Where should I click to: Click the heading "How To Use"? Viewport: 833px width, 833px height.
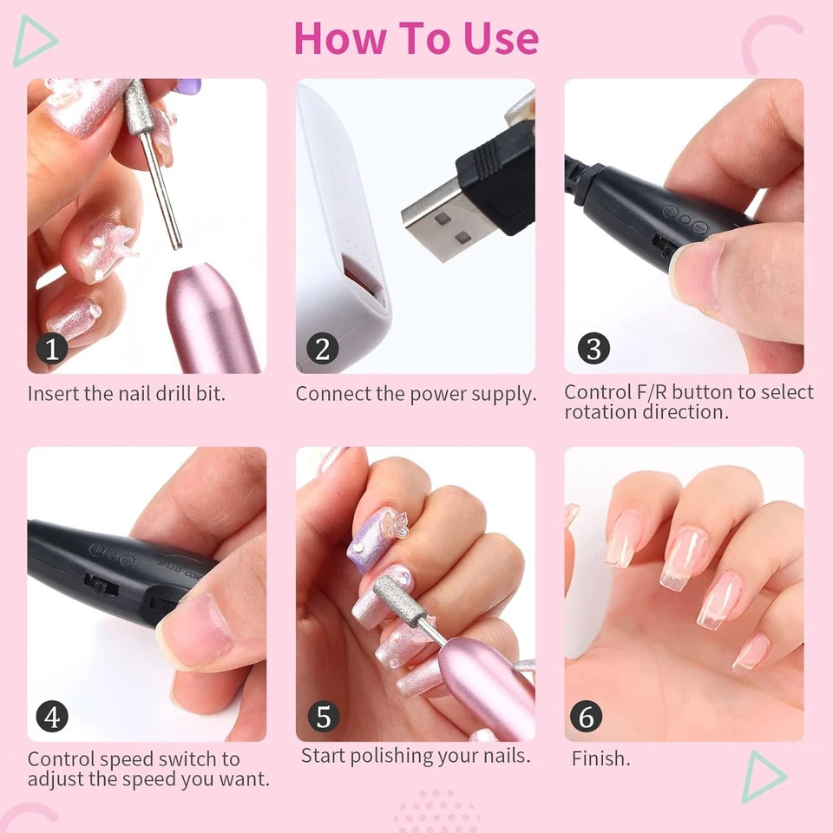coord(416,37)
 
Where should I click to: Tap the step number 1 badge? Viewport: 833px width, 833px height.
coord(53,349)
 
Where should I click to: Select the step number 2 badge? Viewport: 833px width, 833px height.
coord(323,349)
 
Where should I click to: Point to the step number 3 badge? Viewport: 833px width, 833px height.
coord(594,349)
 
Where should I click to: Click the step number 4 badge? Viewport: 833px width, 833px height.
coord(53,718)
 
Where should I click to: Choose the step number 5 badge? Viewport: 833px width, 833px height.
coord(323,718)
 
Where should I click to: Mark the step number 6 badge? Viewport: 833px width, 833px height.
coord(587,718)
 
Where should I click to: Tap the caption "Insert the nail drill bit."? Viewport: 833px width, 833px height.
coord(127,393)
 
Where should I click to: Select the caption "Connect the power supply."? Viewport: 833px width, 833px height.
coord(416,393)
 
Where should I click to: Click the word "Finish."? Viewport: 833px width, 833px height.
coord(600,758)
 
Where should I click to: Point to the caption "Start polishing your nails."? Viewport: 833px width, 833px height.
coord(416,756)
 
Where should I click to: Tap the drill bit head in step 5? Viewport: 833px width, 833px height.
coord(391,600)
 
